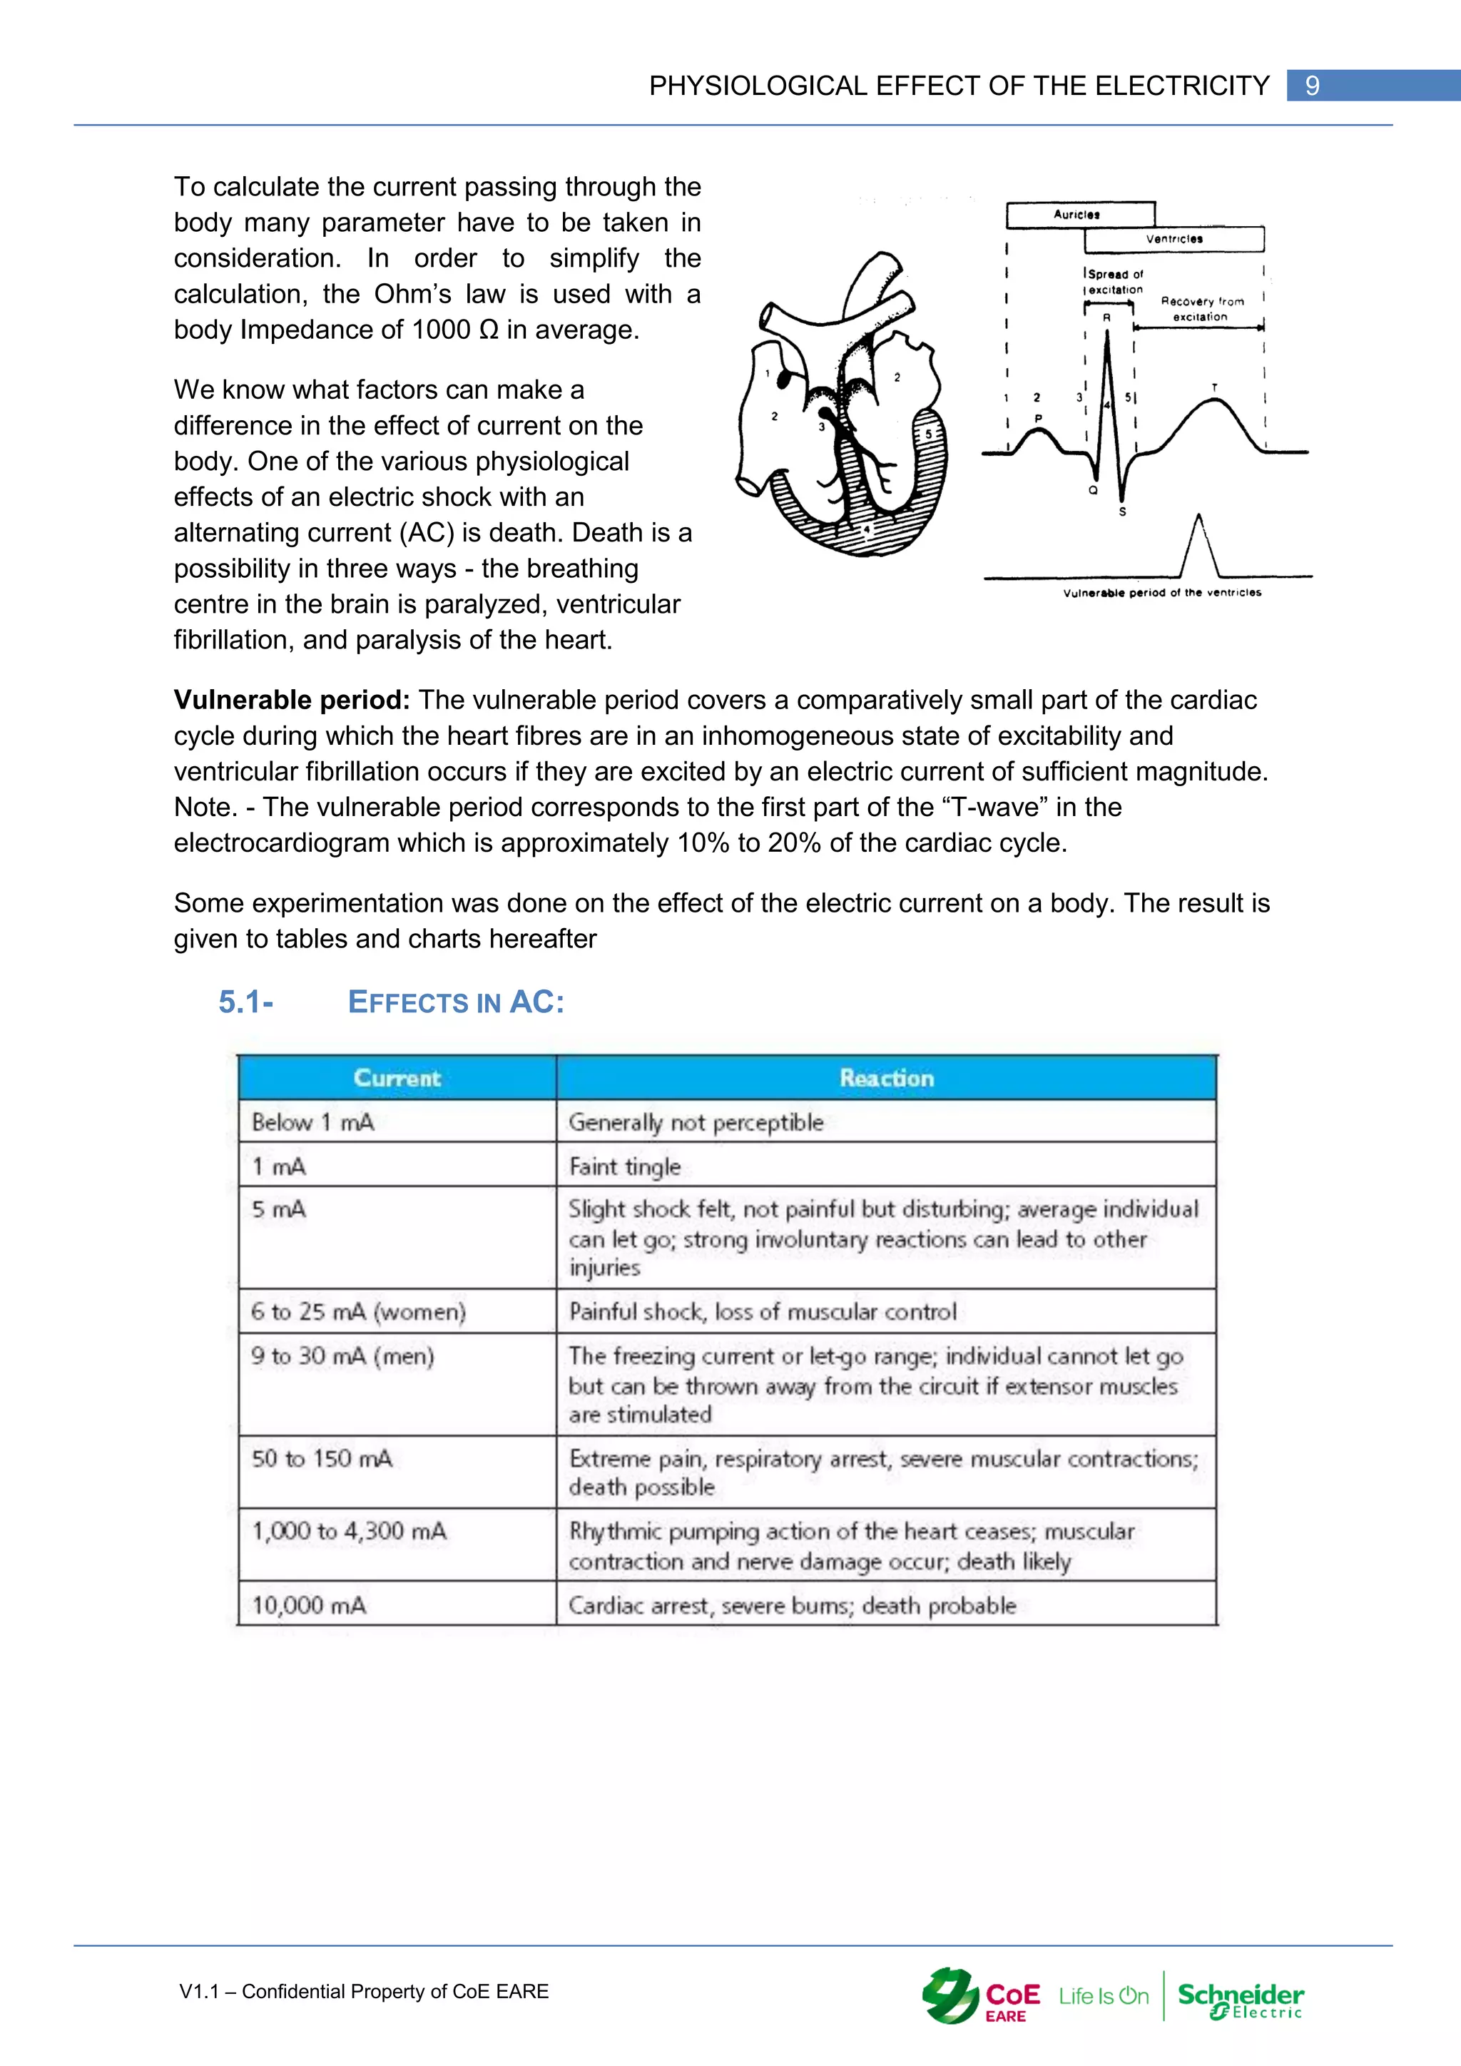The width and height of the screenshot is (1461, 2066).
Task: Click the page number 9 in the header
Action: pos(1312,86)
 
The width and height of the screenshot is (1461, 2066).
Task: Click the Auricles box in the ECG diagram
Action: pos(1079,214)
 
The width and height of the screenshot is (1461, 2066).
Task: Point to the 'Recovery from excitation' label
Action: pos(1201,309)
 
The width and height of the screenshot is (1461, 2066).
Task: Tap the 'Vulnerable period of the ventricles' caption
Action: pos(1161,592)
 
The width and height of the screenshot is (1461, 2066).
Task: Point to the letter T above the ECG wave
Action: pos(1213,388)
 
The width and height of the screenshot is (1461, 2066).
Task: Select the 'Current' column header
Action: pos(397,1077)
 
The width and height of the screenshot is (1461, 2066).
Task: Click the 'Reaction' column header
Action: pos(886,1077)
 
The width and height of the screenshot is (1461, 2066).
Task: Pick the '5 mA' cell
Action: pos(279,1209)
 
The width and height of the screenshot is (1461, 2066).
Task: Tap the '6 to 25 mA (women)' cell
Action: pos(358,1311)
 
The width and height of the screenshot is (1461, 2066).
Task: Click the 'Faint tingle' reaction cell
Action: pos(625,1166)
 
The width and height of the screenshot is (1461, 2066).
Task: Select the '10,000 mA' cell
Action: pos(309,1604)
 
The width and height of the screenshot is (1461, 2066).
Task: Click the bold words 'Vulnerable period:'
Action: pos(292,699)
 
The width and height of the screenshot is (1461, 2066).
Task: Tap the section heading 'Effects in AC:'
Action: pos(455,1002)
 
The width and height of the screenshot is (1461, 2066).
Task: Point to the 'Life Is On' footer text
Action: pos(1103,1996)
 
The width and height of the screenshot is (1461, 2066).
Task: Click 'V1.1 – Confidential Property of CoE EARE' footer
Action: pos(365,1991)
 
